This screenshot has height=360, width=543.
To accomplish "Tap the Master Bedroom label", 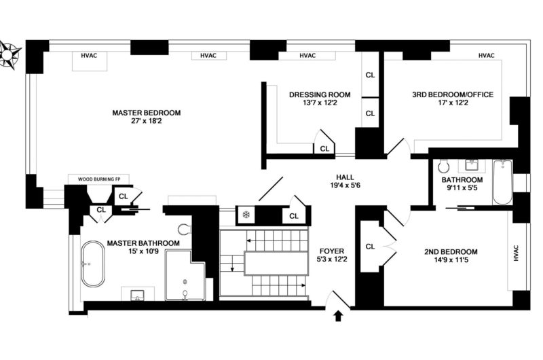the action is pos(146,113).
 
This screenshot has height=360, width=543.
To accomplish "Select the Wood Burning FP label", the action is pos(98,179).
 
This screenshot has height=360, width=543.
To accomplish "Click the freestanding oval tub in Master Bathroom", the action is pos(93,264).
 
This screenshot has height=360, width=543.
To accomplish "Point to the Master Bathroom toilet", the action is pos(185,228).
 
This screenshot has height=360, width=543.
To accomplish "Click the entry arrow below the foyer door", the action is pos(338,316).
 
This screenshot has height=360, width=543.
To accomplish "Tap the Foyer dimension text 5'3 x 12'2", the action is pos(332,259).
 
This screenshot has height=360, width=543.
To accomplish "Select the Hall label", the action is pos(345,177).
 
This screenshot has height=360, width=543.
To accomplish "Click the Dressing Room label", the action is pos(320,94).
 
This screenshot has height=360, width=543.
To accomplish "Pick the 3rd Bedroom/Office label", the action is pos(453,94).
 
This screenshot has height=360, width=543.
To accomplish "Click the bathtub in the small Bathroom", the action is pos(502,181).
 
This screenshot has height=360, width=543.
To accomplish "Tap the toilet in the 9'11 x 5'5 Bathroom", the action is pos(443,166).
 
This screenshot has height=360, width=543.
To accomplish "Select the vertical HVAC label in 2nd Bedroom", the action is pos(516,253).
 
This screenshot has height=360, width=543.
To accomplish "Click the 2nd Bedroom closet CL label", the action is pos(370,247).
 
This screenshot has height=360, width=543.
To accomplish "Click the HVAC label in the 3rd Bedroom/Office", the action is pos(486,56).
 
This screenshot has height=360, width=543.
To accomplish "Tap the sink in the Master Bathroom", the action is pos(138,295).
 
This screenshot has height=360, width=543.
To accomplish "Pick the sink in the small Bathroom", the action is pos(471,165).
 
